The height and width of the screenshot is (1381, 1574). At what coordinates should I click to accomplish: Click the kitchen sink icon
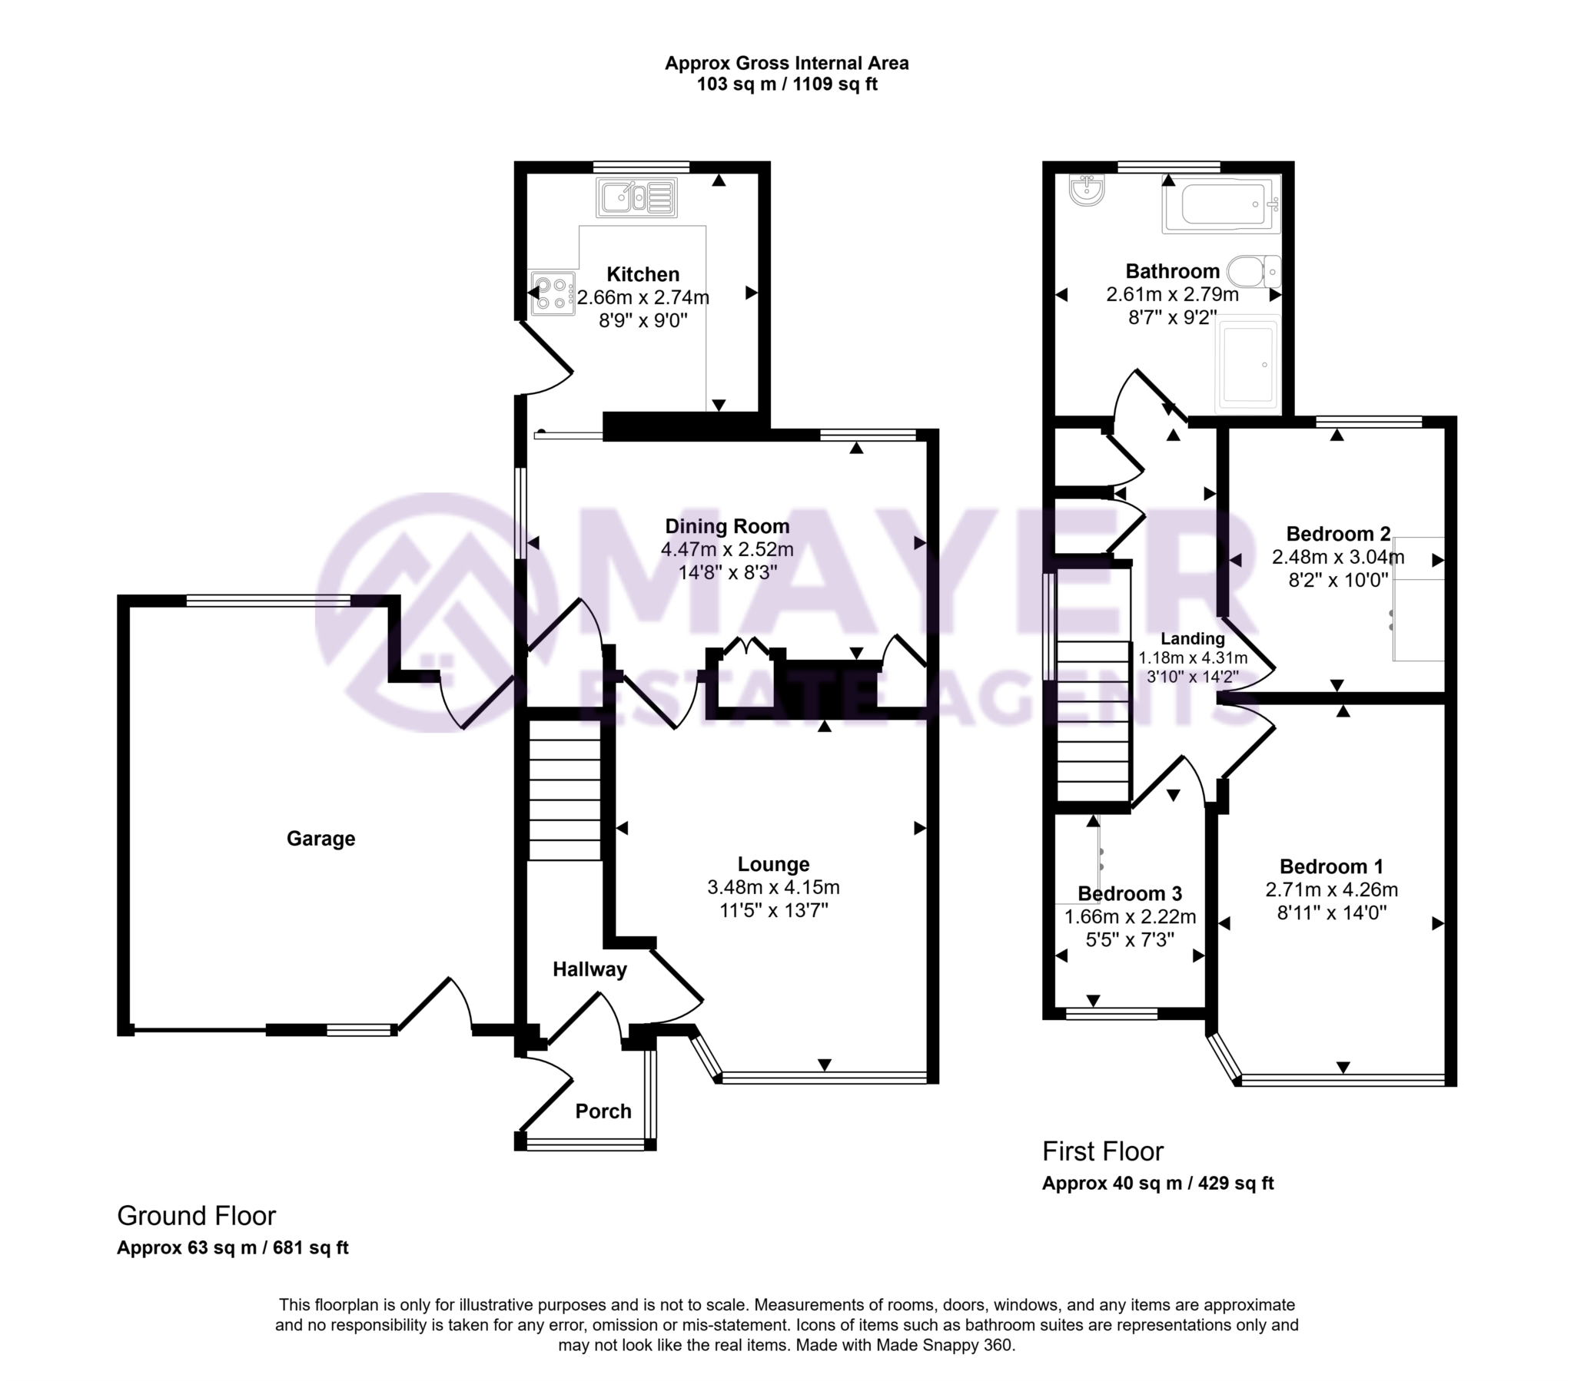tap(636, 197)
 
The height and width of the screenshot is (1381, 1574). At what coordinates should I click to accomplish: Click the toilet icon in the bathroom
tap(1253, 271)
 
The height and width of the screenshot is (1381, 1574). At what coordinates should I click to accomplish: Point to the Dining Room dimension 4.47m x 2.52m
tap(727, 550)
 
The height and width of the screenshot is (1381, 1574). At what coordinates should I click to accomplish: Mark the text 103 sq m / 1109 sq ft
tap(787, 84)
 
